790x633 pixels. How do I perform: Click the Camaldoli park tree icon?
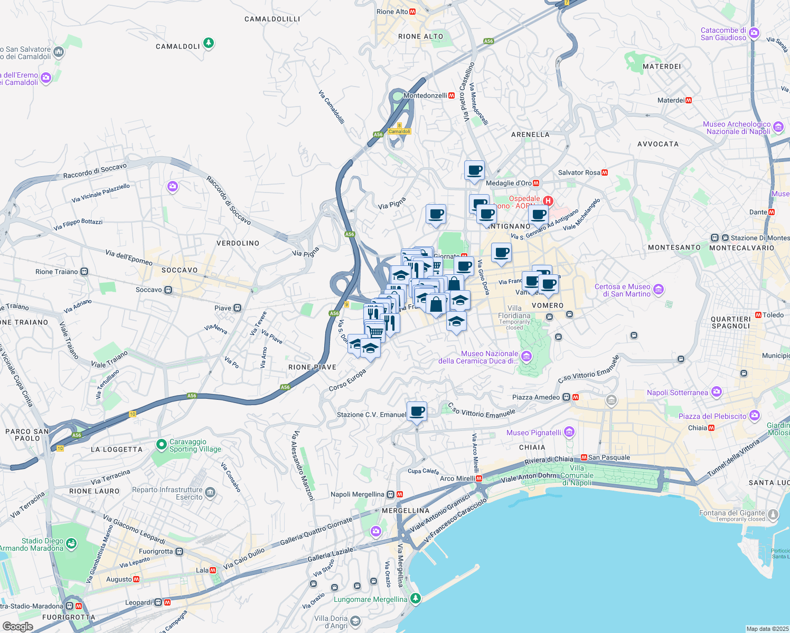click(209, 42)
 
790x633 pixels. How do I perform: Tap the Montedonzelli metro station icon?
click(452, 95)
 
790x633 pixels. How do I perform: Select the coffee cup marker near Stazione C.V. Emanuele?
click(417, 411)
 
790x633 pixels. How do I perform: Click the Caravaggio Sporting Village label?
click(195, 446)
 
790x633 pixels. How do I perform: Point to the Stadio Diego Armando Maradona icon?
click(71, 543)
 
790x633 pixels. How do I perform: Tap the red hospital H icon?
click(548, 201)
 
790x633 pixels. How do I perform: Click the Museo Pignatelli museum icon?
click(569, 433)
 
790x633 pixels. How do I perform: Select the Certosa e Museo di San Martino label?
click(623, 290)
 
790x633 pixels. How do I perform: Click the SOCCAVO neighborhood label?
click(180, 270)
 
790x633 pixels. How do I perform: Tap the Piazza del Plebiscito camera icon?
click(755, 416)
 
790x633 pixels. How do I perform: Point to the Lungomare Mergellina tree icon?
click(416, 598)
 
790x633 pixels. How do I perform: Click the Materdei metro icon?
click(689, 100)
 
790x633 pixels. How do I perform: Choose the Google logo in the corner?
click(17, 626)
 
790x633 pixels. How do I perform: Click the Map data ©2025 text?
click(767, 629)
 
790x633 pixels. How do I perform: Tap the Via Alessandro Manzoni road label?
click(302, 466)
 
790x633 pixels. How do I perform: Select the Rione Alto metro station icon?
click(412, 12)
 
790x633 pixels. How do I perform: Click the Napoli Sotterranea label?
click(677, 392)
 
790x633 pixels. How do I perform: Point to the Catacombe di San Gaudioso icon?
click(754, 33)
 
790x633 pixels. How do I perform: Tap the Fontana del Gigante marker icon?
click(773, 514)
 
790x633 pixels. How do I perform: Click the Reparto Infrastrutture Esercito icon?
click(210, 493)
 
